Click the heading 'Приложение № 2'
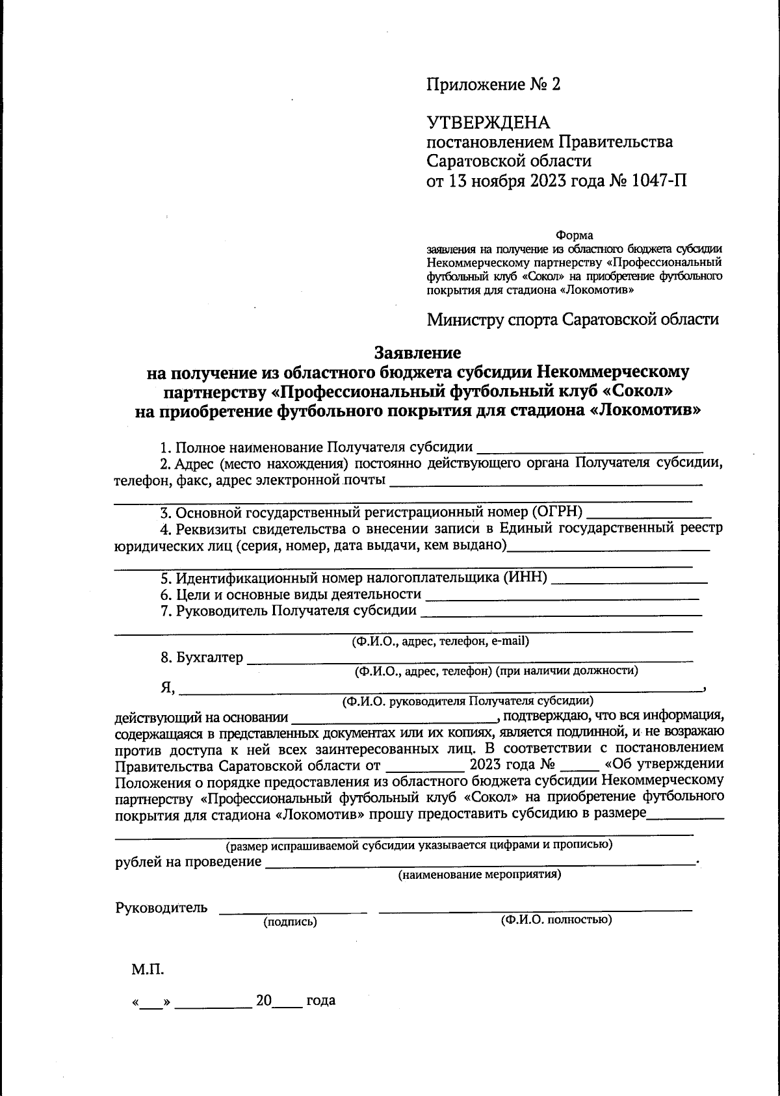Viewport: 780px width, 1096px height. [x=492, y=85]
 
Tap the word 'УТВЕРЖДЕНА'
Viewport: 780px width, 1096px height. [x=488, y=123]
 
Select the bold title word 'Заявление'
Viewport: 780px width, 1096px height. [x=418, y=352]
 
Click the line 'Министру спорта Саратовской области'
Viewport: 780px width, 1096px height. [x=573, y=320]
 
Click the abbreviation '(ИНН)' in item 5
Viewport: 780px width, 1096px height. [x=525, y=577]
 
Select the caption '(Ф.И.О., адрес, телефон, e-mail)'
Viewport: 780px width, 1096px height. [x=440, y=642]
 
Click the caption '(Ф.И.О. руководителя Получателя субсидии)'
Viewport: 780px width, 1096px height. [x=467, y=701]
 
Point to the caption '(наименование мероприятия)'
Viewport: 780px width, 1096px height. [x=480, y=874]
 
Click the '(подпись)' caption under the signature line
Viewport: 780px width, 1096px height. [x=290, y=921]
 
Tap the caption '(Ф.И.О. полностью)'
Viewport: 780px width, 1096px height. [x=556, y=920]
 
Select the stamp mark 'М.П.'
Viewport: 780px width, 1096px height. [x=148, y=970]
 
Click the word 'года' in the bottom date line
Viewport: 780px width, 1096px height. [x=320, y=1000]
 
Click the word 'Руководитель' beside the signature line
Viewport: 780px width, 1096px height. [x=161, y=908]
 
